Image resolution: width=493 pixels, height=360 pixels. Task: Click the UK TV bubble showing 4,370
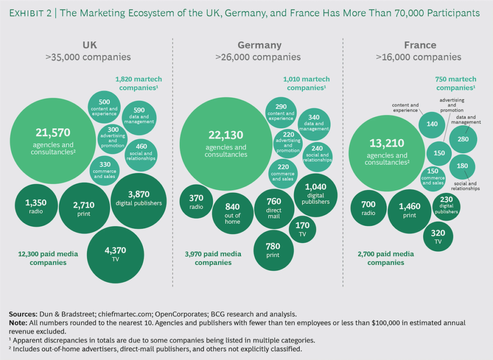point(117,255)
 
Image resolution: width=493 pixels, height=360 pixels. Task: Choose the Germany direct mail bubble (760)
point(273,208)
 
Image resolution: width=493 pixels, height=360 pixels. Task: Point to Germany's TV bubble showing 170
point(302,229)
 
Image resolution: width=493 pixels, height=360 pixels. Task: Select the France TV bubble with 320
point(438,236)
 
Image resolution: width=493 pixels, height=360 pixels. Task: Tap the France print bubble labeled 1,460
point(410,211)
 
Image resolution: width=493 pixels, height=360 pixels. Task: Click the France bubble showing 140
point(432,124)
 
